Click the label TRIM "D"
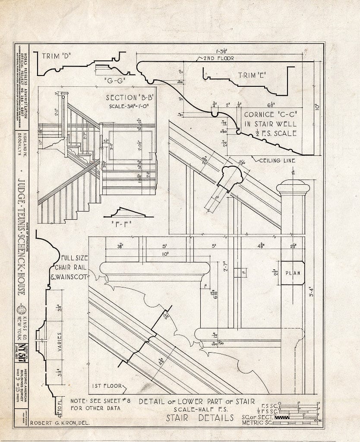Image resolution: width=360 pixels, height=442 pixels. [57, 55]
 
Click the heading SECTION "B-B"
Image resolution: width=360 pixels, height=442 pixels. [130, 98]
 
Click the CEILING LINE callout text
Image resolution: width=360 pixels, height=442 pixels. [277, 161]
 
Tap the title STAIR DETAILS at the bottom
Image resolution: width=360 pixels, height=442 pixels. [200, 417]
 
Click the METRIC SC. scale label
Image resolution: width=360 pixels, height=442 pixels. [257, 422]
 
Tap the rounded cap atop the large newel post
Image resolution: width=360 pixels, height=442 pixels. [293, 186]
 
